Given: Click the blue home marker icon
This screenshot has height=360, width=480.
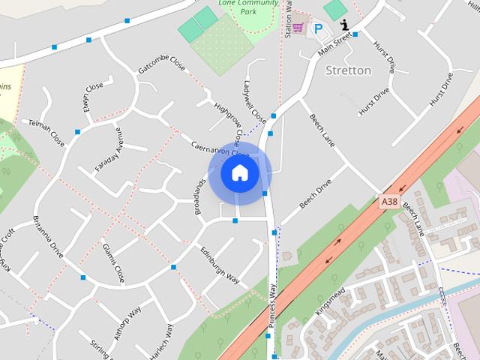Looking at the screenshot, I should point(239,173).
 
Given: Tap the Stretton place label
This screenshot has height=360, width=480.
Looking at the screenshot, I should point(349,70).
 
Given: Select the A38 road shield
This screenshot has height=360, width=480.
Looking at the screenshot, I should point(388,202).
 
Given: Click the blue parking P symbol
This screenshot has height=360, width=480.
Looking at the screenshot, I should point(319,29).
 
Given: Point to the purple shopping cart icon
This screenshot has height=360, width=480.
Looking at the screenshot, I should point(298,28).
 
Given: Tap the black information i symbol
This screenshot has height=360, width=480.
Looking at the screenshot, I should point(344,24).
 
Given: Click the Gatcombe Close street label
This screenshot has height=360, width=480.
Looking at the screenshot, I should point(161,64).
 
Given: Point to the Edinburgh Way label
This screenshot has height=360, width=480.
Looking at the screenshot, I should point(219,265).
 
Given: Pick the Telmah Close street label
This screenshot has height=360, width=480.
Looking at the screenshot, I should point(46,132).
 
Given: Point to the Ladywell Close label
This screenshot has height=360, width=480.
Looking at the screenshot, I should point(254,102).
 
